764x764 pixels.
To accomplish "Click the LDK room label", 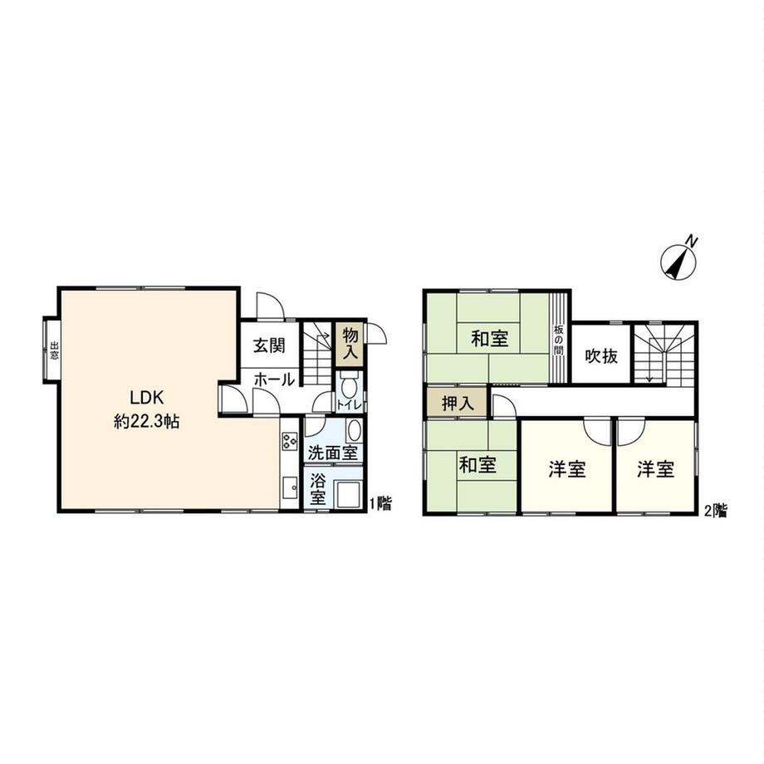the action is click(x=147, y=398).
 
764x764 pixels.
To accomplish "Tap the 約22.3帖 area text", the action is click(x=147, y=421).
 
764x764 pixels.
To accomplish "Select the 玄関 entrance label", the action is click(x=269, y=345).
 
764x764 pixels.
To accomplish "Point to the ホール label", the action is click(x=274, y=379).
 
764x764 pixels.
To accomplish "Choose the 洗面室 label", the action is click(x=333, y=453).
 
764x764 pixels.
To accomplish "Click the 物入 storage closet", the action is click(x=350, y=345).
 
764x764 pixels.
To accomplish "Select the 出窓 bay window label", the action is click(x=53, y=350).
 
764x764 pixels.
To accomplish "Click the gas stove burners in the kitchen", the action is click(x=290, y=440).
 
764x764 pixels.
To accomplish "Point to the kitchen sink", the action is click(x=290, y=487).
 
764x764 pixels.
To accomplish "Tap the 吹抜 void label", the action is click(x=601, y=356).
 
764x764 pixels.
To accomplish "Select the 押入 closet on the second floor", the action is click(x=457, y=403).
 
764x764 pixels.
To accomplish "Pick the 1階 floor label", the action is click(x=380, y=503).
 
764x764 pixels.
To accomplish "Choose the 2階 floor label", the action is click(x=715, y=511).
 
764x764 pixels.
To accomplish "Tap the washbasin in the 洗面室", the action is click(x=354, y=431).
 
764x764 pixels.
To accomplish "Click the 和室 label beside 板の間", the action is click(x=490, y=339).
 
